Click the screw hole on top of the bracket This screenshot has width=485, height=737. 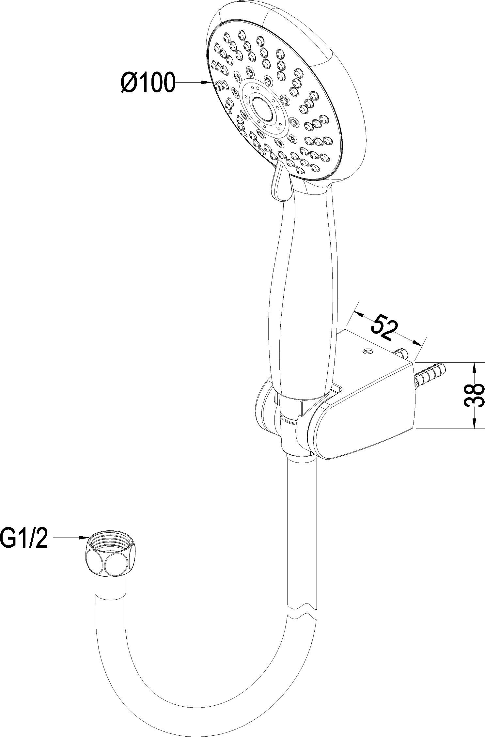coord(368,351)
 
